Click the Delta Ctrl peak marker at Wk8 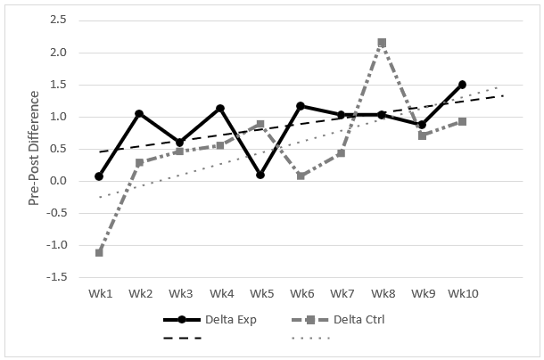pos(382,43)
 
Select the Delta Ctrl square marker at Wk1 pos(99,252)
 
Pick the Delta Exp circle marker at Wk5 pos(260,175)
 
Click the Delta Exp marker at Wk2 pos(139,114)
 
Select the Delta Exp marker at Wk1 pos(99,176)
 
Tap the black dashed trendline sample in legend pos(182,338)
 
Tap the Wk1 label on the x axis pos(99,292)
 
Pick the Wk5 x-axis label pos(260,292)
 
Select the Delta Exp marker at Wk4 pos(219,109)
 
